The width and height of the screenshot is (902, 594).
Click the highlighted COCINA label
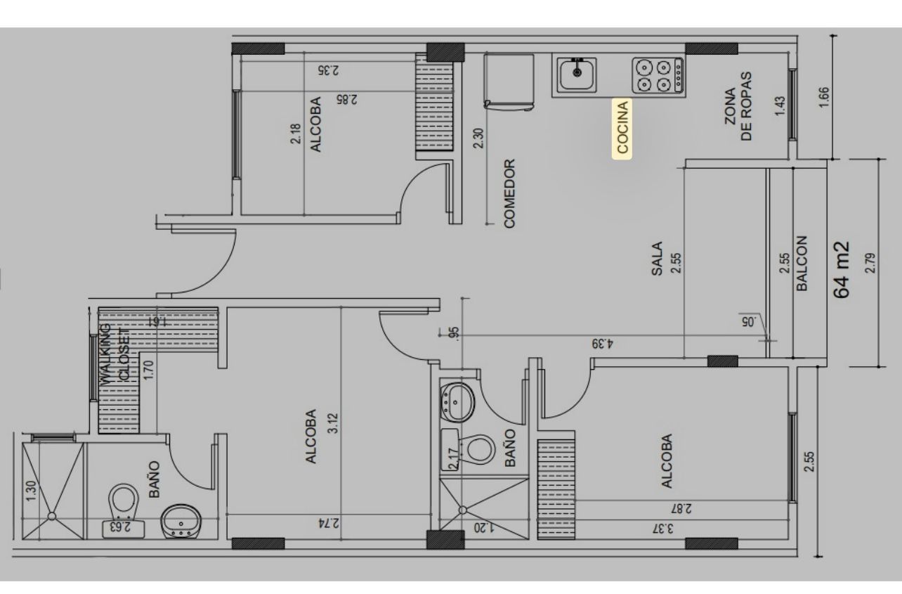click(x=622, y=128)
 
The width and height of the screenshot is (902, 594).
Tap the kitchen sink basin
click(x=577, y=75)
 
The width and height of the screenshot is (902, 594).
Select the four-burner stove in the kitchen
click(x=658, y=76)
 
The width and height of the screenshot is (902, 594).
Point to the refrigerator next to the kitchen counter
click(x=509, y=82)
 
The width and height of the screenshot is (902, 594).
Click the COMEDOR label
click(x=509, y=194)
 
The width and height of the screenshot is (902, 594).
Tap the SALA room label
click(x=657, y=259)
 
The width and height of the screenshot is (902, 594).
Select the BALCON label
click(x=802, y=263)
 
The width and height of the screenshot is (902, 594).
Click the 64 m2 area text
click(x=841, y=270)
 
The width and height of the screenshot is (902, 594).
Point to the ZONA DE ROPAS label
click(x=738, y=106)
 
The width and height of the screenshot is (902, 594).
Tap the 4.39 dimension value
click(x=603, y=344)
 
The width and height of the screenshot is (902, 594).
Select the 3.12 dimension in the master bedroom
click(x=334, y=423)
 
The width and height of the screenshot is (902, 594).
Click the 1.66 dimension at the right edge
click(x=824, y=97)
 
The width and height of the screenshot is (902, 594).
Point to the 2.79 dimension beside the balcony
click(x=870, y=263)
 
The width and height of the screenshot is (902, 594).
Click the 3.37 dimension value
click(x=662, y=529)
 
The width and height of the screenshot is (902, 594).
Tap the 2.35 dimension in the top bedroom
click(x=329, y=70)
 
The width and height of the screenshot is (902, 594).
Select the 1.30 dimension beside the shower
click(x=31, y=491)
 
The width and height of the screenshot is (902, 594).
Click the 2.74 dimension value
click(x=329, y=524)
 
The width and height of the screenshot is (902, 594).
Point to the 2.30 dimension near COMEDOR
click(x=478, y=138)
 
